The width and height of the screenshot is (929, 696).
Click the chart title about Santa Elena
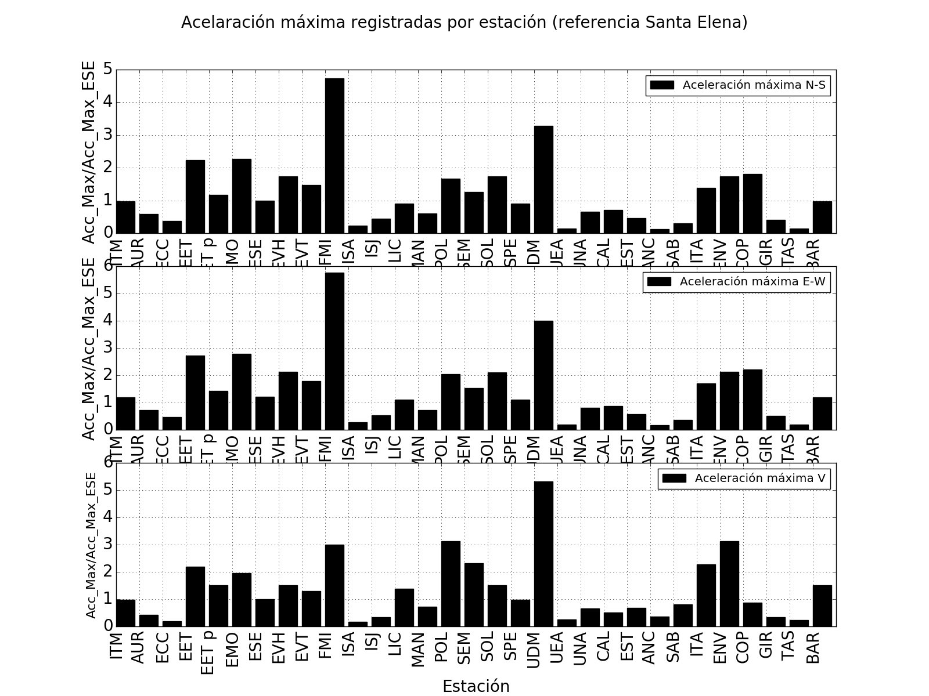tap(464, 23)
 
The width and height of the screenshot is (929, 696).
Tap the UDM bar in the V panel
tap(543, 554)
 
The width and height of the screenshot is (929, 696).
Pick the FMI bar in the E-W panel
tap(334, 351)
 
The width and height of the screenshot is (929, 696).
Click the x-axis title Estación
tap(476, 686)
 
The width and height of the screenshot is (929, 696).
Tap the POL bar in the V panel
tap(451, 583)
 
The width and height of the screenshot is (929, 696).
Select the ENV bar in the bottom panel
tap(729, 583)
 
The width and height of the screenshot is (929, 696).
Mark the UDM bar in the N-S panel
tap(543, 180)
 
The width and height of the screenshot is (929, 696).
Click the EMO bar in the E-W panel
tap(242, 391)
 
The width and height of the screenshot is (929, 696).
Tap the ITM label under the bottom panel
tap(117, 645)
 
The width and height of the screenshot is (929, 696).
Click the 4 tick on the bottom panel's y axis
tap(107, 517)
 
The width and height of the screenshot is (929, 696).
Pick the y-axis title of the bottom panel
tap(91, 545)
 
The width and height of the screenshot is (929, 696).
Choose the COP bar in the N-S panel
tap(752, 204)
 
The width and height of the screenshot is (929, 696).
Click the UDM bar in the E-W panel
tap(543, 375)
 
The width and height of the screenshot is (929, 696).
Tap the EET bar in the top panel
tap(195, 197)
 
